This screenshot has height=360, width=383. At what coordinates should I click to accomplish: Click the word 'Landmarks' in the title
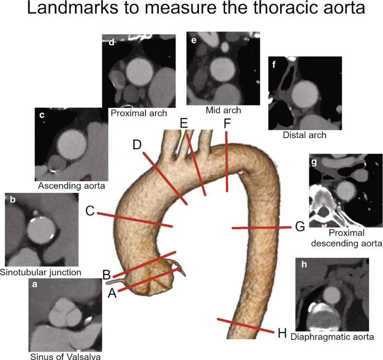(72, 7)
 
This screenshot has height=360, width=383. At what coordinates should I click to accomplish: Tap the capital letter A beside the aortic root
(112, 293)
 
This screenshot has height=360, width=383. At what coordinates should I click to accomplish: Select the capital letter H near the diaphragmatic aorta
(282, 333)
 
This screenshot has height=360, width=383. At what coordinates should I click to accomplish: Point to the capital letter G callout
(300, 226)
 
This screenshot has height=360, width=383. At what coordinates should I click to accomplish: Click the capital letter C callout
(90, 211)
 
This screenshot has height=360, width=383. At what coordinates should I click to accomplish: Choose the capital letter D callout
(137, 145)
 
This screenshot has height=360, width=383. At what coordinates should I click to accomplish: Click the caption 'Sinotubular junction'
(41, 272)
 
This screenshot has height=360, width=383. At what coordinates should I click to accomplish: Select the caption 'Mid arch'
(223, 110)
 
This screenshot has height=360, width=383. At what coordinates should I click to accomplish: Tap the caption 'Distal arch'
(305, 135)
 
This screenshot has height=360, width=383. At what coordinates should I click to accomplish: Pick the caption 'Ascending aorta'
(72, 186)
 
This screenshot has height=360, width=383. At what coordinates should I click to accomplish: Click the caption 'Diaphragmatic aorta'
(332, 337)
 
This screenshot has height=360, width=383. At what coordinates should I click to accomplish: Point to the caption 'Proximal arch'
(139, 113)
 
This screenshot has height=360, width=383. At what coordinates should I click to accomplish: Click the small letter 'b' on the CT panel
(13, 200)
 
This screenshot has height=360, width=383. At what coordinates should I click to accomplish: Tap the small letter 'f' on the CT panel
(274, 64)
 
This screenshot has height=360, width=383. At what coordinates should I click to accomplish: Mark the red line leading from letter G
(262, 228)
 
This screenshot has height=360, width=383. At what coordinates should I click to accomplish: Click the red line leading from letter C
(135, 220)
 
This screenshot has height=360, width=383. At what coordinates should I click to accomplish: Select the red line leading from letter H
(245, 325)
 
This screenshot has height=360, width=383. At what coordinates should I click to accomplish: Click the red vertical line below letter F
(226, 162)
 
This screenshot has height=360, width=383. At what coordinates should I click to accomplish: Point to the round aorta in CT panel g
(346, 191)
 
